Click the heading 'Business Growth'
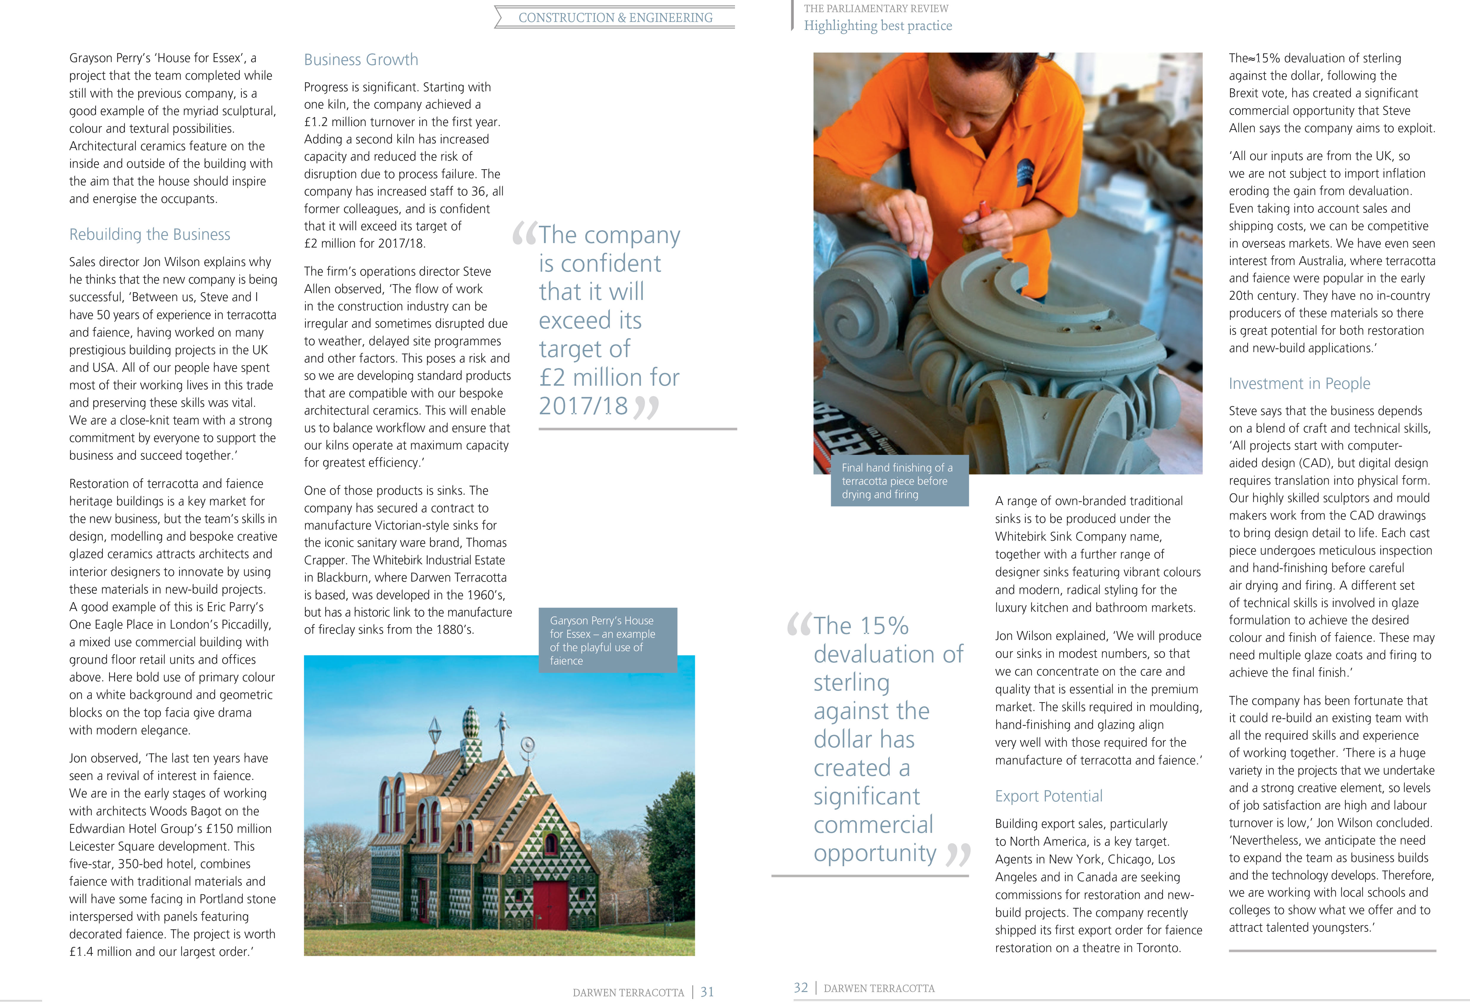pos(361,60)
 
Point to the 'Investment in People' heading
pos(1299,384)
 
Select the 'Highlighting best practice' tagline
pos(877,26)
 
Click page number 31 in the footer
pos(707,992)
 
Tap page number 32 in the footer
pos(801,988)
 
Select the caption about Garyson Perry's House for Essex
pos(602,640)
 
